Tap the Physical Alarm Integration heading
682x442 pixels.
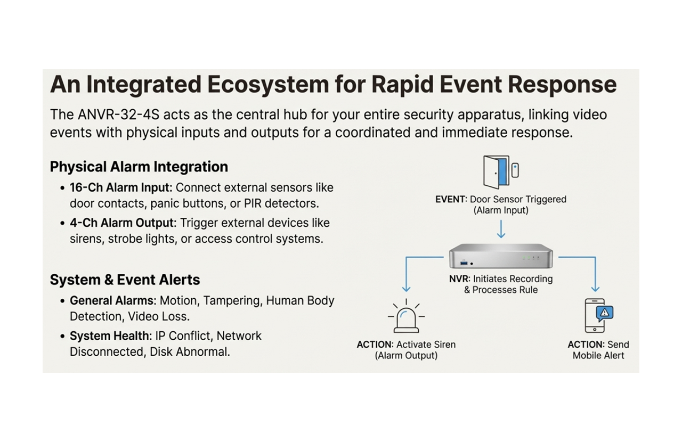(x=139, y=167)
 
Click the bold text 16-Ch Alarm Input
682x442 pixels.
(x=121, y=187)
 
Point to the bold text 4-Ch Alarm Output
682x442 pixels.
(x=121, y=223)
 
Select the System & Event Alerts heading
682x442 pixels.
(x=125, y=280)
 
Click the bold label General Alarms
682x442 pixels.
(x=112, y=300)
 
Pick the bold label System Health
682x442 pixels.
(x=110, y=336)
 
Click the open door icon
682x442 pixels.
(x=496, y=172)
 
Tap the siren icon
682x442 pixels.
(x=406, y=318)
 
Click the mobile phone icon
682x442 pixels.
(x=596, y=316)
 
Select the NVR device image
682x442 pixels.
(x=500, y=257)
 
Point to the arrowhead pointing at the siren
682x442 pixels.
(x=407, y=289)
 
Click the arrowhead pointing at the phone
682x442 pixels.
(x=595, y=289)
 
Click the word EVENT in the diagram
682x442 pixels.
(x=451, y=199)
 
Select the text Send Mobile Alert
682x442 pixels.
(x=598, y=350)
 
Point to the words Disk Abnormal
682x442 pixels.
(x=190, y=352)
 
